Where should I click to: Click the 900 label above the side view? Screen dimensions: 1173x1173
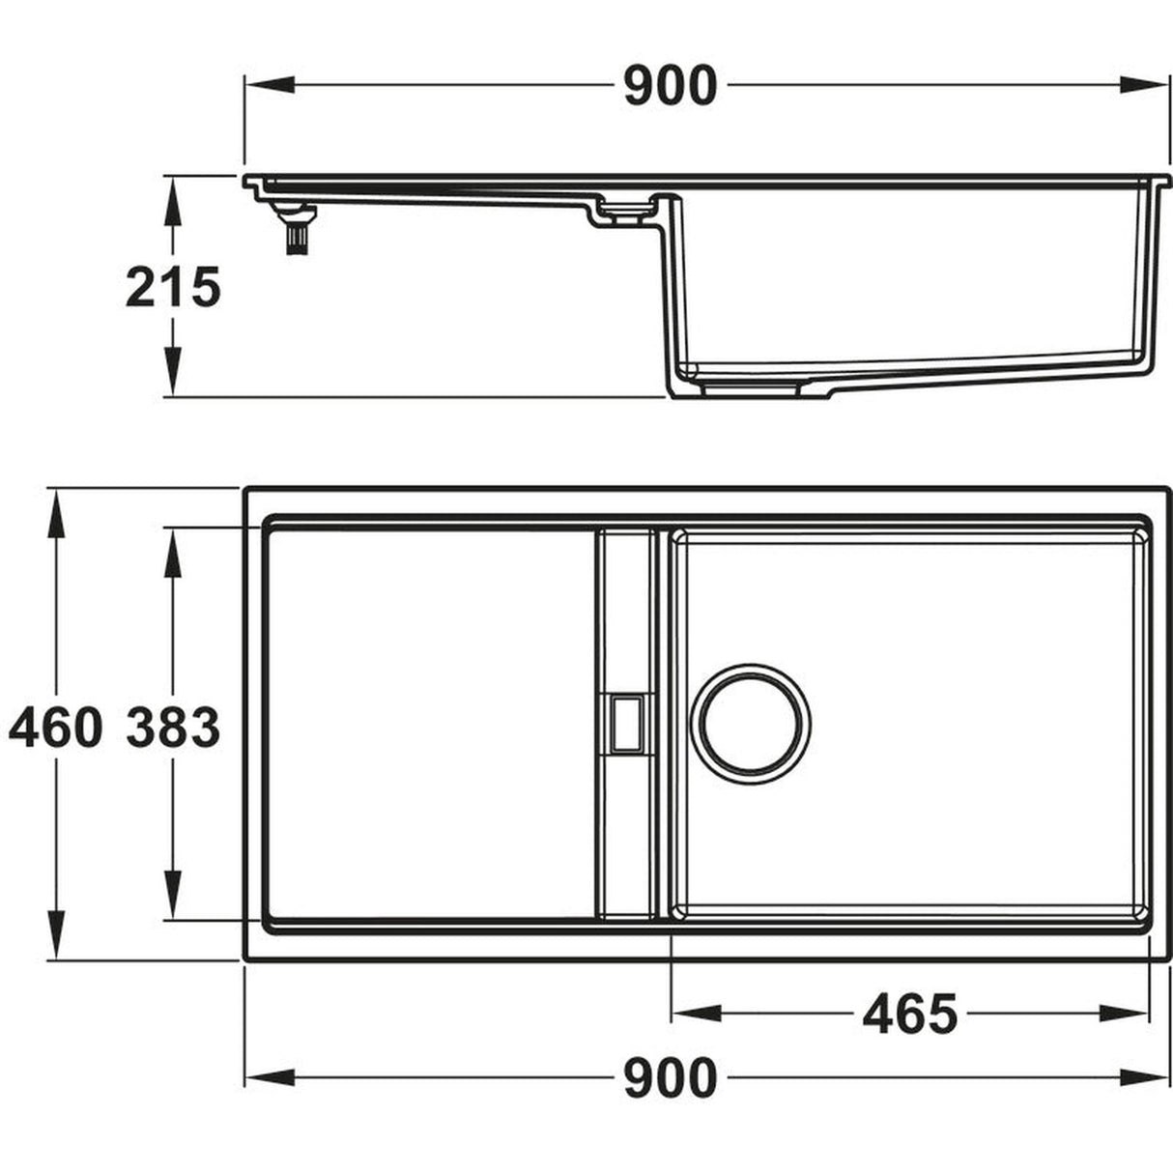[670, 86]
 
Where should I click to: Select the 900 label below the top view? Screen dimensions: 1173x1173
[670, 1077]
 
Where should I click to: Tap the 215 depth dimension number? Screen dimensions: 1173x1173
[174, 287]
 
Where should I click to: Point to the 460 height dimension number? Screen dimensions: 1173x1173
[56, 728]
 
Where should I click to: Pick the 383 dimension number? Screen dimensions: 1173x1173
[174, 728]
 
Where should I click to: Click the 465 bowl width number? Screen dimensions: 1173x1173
[909, 1014]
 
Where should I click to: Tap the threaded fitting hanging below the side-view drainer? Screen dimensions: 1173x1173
[293, 233]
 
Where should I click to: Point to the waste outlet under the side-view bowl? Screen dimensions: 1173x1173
[750, 388]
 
